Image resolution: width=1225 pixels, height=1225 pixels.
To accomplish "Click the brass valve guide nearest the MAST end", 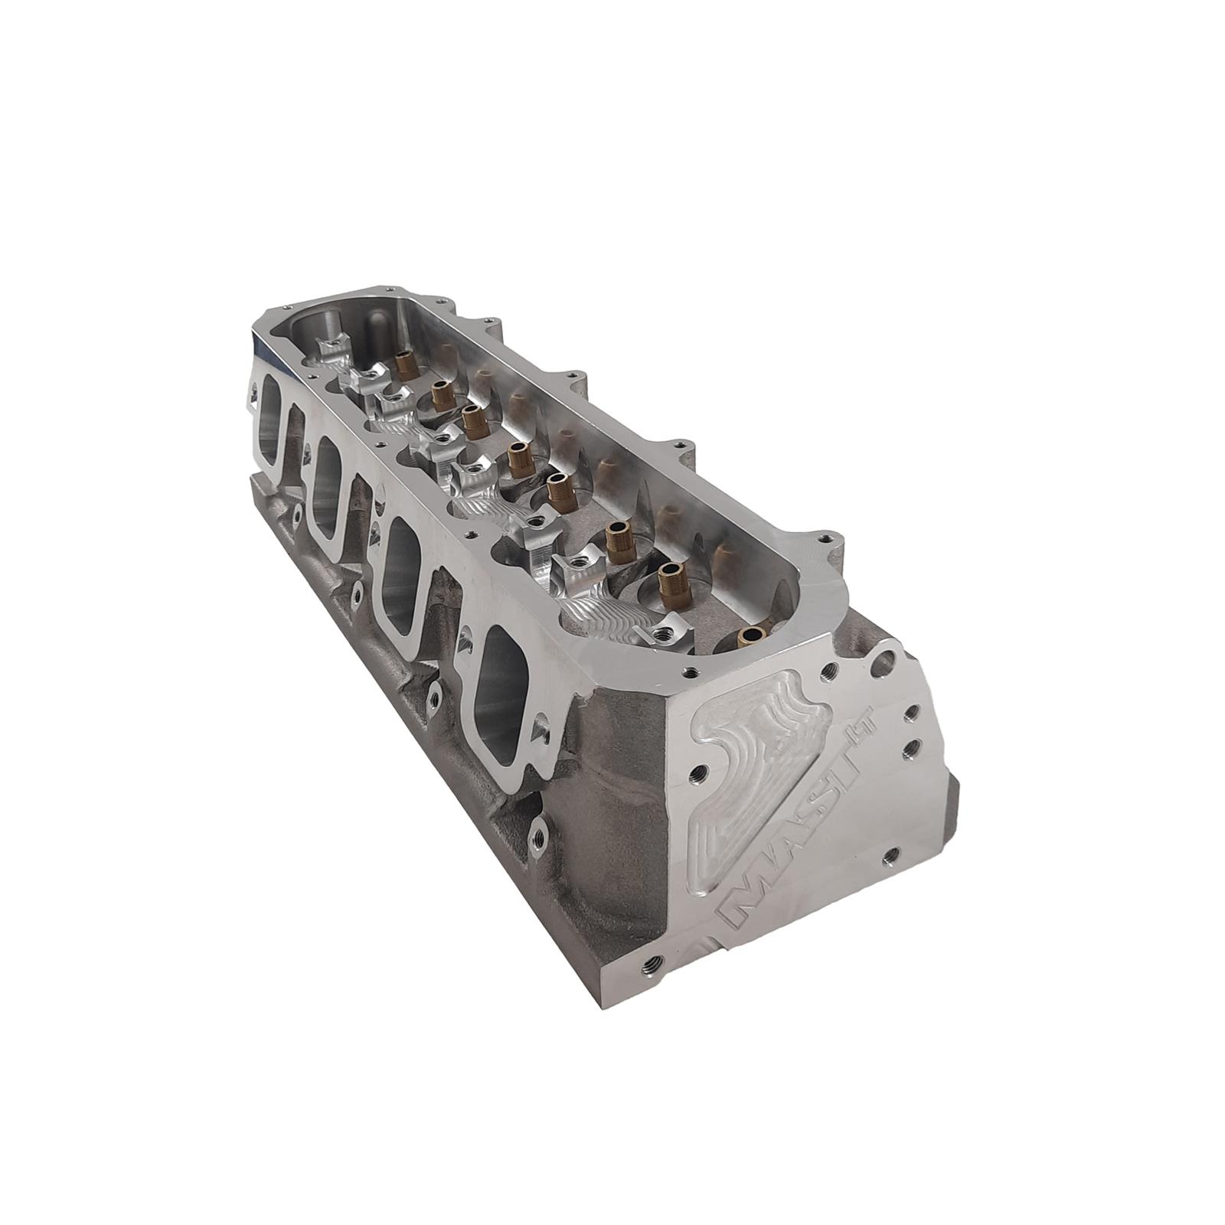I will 750,635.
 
